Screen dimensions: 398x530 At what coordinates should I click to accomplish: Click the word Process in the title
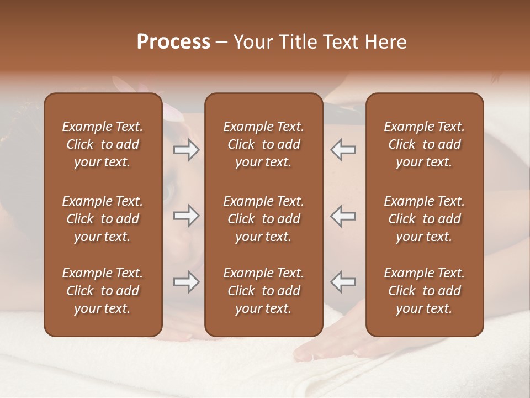click(173, 42)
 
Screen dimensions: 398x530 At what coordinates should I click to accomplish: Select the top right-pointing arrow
click(186, 150)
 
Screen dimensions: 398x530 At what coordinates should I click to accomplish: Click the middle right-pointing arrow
click(186, 216)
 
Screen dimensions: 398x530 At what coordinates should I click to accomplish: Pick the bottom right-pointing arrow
click(186, 282)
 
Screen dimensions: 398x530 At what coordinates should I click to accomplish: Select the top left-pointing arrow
click(343, 150)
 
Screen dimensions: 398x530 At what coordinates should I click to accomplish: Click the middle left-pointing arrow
click(343, 216)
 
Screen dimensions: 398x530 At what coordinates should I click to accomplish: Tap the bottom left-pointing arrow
click(343, 282)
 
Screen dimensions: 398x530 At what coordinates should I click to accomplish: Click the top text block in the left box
click(103, 144)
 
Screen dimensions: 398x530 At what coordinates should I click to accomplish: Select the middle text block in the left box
click(103, 219)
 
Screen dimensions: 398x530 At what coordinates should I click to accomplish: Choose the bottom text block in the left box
click(103, 291)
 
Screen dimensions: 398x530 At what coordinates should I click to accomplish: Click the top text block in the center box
click(263, 144)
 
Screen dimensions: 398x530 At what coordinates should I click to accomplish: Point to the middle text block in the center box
click(263, 219)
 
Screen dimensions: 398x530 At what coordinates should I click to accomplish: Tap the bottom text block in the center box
click(263, 291)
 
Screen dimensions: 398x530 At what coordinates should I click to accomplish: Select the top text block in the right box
click(424, 144)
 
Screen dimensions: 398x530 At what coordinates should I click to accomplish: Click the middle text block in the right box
click(424, 219)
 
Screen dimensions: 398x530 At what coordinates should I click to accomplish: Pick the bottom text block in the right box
click(424, 291)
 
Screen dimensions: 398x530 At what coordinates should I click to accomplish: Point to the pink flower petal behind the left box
click(171, 111)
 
